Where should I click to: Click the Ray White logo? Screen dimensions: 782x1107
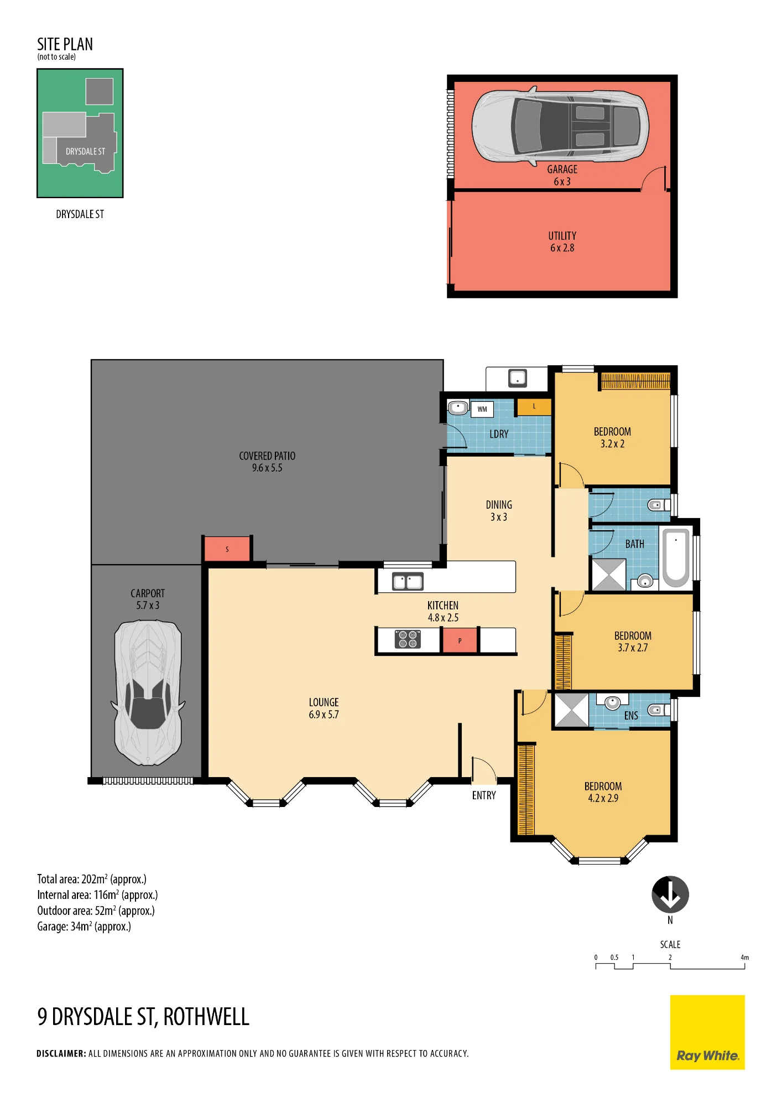pos(707,1032)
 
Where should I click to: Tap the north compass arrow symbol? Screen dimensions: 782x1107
pos(670,894)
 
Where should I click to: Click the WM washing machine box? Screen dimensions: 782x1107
pos(482,409)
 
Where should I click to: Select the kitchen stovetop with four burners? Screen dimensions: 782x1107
pos(408,639)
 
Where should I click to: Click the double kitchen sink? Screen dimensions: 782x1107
pos(408,582)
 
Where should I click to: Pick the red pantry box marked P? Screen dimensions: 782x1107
pos(460,641)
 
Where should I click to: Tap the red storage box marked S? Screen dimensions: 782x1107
pos(227,549)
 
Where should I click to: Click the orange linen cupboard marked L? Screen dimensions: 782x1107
pos(534,407)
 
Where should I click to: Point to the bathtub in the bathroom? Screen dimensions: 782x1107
pos(676,557)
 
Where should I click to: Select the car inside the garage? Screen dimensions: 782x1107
pos(560,126)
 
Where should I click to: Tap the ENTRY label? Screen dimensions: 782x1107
pos(484,795)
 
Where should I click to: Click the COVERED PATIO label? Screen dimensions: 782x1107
pos(267,456)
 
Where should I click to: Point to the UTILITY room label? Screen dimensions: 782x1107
pos(562,236)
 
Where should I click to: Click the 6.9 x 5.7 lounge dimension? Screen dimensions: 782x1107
pos(324,715)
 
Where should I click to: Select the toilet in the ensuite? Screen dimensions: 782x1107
pos(658,710)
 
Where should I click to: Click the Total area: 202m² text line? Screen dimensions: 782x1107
pos(92,879)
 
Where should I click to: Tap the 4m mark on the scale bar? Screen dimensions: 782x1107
pos(745,958)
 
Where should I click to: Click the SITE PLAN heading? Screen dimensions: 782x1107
pos(65,44)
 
